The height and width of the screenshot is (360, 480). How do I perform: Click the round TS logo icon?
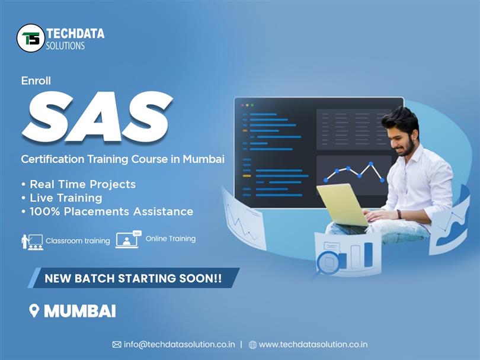[x=31, y=38]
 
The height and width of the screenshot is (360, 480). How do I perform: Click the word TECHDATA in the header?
[x=75, y=34]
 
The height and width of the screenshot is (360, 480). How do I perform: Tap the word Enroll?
[x=36, y=81]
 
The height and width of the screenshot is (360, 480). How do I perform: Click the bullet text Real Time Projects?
[x=82, y=184]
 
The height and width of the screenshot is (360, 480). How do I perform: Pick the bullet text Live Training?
[x=66, y=198]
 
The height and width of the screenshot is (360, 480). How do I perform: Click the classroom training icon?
[x=32, y=242]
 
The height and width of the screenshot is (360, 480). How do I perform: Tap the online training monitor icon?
[x=128, y=239]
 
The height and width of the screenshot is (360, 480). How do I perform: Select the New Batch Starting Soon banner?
[x=133, y=278]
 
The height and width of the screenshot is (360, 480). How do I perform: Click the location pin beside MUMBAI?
[x=34, y=311]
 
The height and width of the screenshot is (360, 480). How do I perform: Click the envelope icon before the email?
[x=117, y=345]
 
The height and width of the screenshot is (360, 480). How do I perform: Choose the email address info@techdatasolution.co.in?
[x=180, y=345]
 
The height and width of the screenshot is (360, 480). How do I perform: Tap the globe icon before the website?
[x=252, y=345]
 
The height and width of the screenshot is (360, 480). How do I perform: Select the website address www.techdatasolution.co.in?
[x=313, y=345]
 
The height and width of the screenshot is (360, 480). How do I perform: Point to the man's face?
[x=404, y=137]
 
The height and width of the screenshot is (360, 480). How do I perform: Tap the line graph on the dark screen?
[x=353, y=172]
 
